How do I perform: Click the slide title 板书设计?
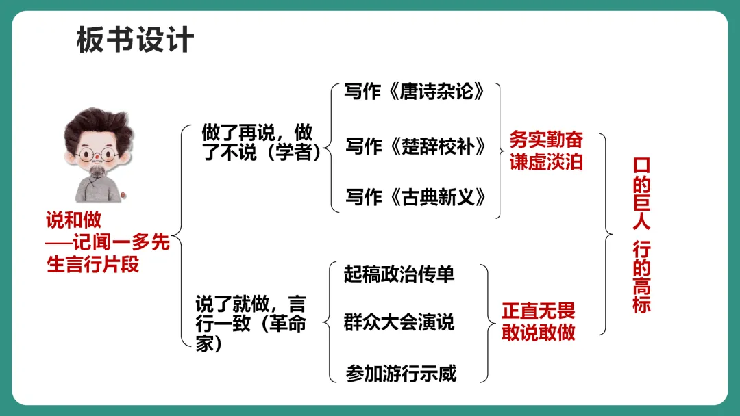(x=135, y=40)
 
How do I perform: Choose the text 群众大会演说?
(x=399, y=322)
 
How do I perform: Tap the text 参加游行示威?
(x=401, y=374)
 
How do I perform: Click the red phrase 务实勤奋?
(x=546, y=140)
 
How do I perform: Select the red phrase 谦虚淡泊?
(x=546, y=163)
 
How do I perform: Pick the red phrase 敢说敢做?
(x=539, y=333)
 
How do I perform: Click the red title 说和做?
(x=73, y=220)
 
